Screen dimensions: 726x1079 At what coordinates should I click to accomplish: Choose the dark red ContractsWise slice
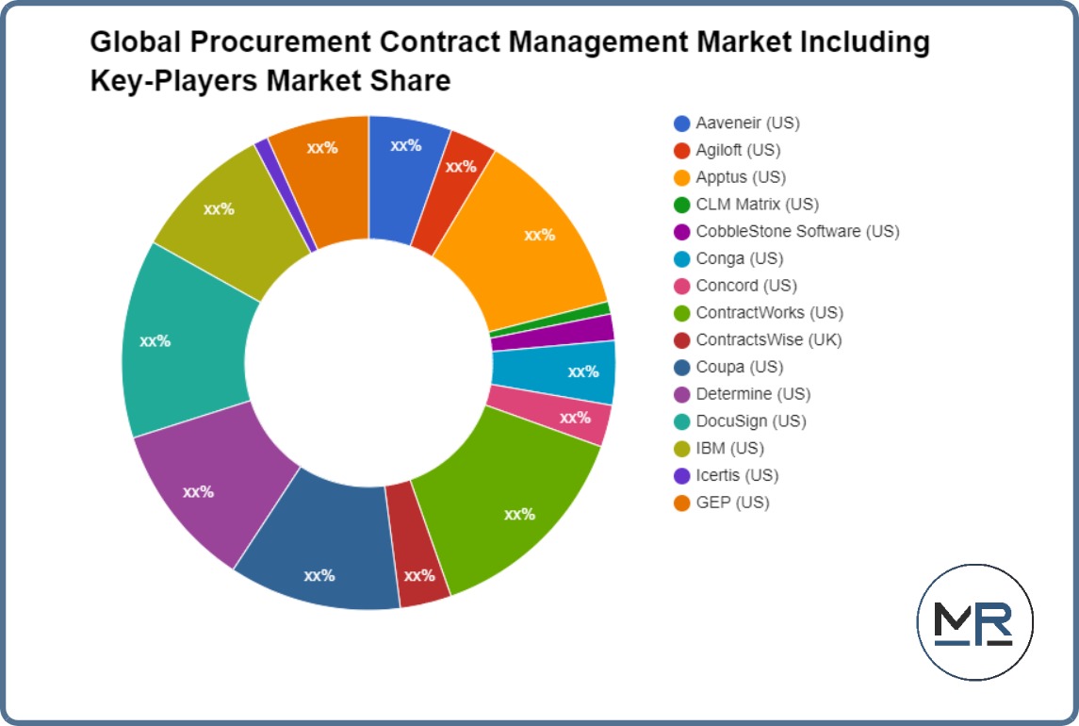click(417, 573)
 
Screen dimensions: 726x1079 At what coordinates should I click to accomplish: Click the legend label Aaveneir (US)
click(747, 123)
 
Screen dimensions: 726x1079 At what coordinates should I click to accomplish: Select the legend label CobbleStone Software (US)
click(797, 231)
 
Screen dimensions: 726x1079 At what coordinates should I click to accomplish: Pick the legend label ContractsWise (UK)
click(769, 339)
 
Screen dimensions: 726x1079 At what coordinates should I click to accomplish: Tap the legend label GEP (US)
click(732, 503)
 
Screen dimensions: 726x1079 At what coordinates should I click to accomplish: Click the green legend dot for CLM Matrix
click(682, 205)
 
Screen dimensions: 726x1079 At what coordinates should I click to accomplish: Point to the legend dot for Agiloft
click(682, 150)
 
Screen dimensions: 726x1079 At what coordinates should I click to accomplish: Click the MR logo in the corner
click(974, 622)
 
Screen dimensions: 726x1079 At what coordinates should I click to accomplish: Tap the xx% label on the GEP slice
click(322, 147)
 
